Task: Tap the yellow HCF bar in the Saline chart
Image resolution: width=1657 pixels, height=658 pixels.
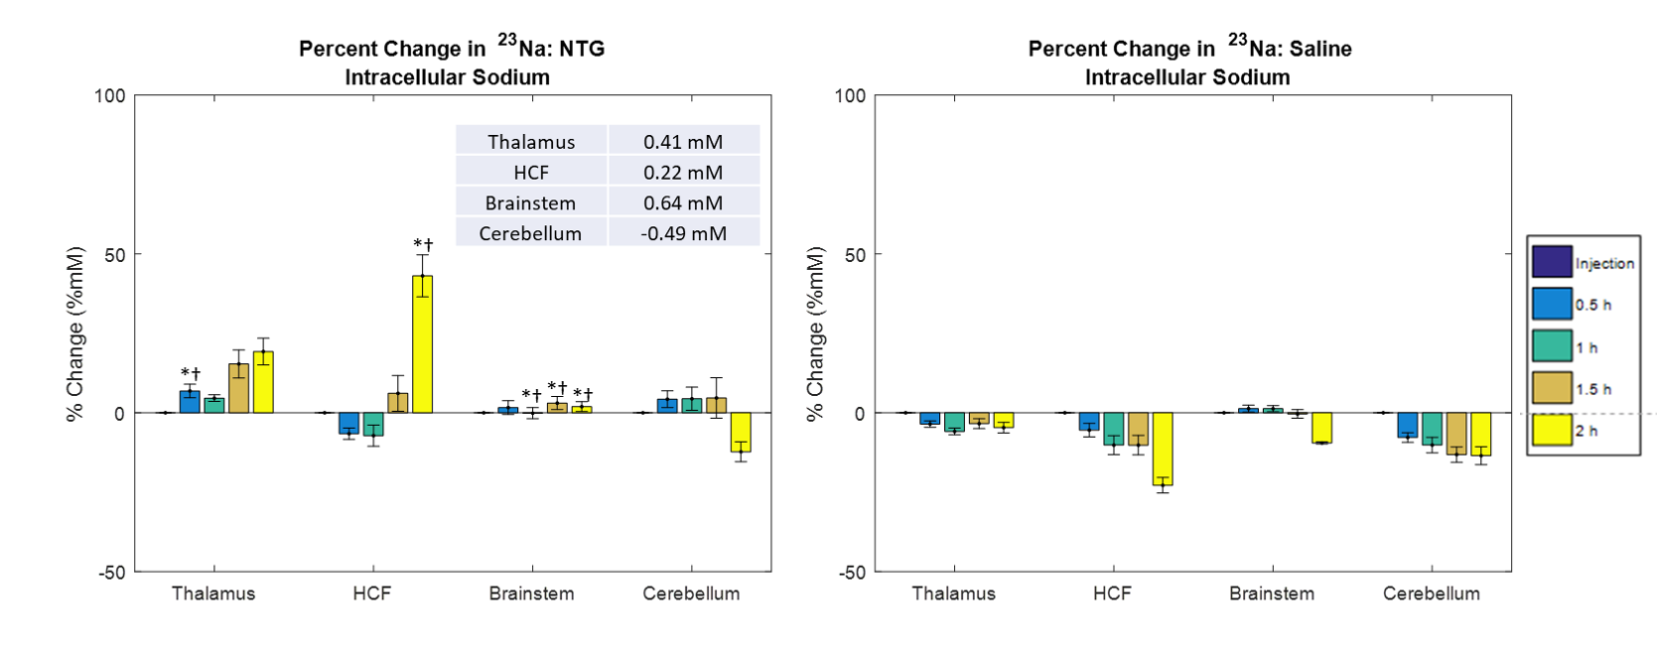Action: tap(1163, 449)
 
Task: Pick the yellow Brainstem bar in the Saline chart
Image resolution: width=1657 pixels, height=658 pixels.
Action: tap(1321, 428)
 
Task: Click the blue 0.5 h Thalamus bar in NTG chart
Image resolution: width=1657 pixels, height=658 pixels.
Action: tap(190, 402)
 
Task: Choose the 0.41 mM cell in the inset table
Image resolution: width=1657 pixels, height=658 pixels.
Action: tap(683, 142)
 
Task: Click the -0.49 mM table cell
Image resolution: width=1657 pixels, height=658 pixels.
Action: tap(683, 233)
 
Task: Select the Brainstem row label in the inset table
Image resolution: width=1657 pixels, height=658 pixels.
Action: tap(530, 202)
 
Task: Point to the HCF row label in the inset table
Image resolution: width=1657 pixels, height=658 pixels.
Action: tap(530, 173)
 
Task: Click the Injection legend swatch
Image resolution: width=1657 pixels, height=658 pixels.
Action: tap(1552, 261)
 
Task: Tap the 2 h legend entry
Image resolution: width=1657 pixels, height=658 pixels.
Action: tap(1586, 431)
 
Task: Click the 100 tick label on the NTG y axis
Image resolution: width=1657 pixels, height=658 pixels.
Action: tap(110, 96)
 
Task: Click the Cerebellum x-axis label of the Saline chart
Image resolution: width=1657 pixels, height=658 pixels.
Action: tap(1431, 593)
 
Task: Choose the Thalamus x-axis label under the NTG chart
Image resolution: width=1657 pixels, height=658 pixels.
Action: tap(213, 593)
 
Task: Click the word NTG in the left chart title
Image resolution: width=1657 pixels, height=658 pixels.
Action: tap(582, 49)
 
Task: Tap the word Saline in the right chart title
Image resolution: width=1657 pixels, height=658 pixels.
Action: tap(1320, 49)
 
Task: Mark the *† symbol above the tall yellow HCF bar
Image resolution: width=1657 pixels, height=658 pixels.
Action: tap(423, 244)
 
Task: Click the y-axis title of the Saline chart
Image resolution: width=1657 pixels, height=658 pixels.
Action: tap(816, 334)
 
